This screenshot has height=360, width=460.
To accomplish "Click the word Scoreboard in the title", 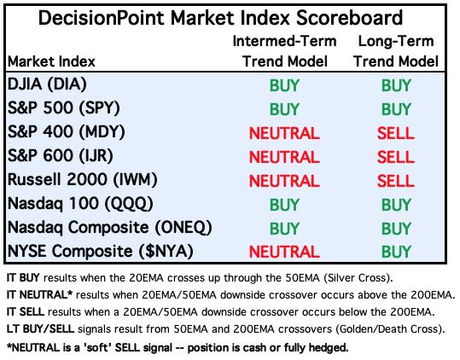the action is coord(349,18).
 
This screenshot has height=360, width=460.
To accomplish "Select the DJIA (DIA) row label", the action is coord(47,84).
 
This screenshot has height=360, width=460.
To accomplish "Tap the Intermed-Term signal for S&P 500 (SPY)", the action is coord(284,109).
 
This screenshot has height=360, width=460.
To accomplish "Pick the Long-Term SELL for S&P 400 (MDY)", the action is coord(396,133).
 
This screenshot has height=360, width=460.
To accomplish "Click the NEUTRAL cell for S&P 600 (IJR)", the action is coord(284,157).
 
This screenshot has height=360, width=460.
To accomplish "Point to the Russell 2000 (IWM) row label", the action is coord(83,180).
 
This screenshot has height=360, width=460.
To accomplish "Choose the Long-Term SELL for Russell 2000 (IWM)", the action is coord(396,181).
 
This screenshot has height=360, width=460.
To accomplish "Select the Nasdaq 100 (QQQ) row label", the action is coord(80,204).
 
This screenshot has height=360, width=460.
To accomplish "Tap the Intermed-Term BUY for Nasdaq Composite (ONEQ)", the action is coord(284,229).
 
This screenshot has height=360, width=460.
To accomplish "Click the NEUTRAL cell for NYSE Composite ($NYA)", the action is coord(284,253).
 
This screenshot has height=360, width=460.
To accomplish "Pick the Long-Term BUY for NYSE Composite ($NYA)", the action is coord(396,253).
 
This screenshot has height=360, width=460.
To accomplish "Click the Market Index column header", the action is coord(51,61).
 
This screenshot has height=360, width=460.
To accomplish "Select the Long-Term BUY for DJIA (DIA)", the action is coord(396,85).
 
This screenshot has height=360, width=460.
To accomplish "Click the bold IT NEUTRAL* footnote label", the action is coord(39,294).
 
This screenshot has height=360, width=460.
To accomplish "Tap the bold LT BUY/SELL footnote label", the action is coord(40,329).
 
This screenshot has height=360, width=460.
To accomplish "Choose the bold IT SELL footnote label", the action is coord(26,312).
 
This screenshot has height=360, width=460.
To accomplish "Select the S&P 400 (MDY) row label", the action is coord(67,132).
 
